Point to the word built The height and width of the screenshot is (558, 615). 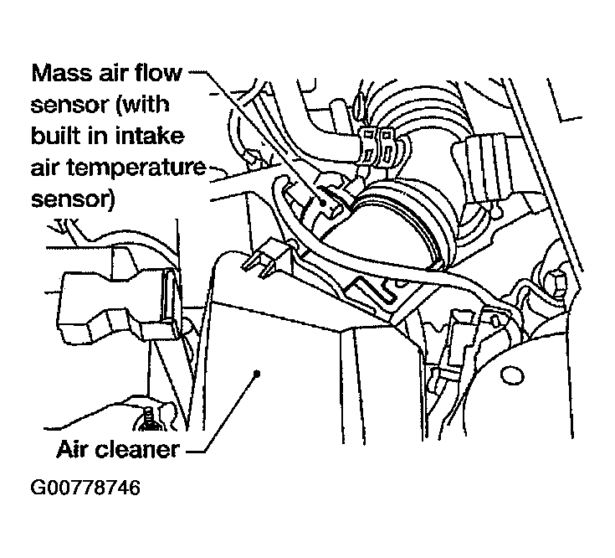pyautogui.click(x=58, y=137)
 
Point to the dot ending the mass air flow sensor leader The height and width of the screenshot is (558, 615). pyautogui.click(x=322, y=203)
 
